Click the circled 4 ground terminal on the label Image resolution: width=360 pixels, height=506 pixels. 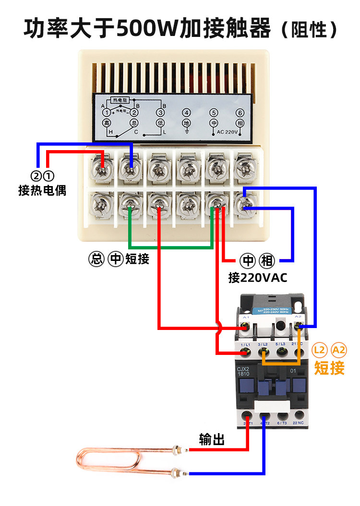[x=187, y=113]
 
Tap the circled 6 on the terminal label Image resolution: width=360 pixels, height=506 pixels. [x=240, y=113]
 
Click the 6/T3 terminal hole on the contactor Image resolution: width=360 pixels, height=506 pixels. [x=281, y=415]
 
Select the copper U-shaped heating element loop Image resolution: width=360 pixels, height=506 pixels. [x=110, y=461]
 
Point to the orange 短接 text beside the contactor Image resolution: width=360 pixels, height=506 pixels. [x=329, y=368]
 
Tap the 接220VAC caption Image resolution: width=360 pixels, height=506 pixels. [x=258, y=278]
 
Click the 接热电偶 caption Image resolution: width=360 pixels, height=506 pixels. [x=42, y=190]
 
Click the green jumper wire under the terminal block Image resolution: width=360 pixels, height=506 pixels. [x=170, y=247]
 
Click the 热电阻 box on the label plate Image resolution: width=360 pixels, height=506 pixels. [x=120, y=100]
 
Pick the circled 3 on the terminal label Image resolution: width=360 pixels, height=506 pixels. [x=160, y=113]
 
